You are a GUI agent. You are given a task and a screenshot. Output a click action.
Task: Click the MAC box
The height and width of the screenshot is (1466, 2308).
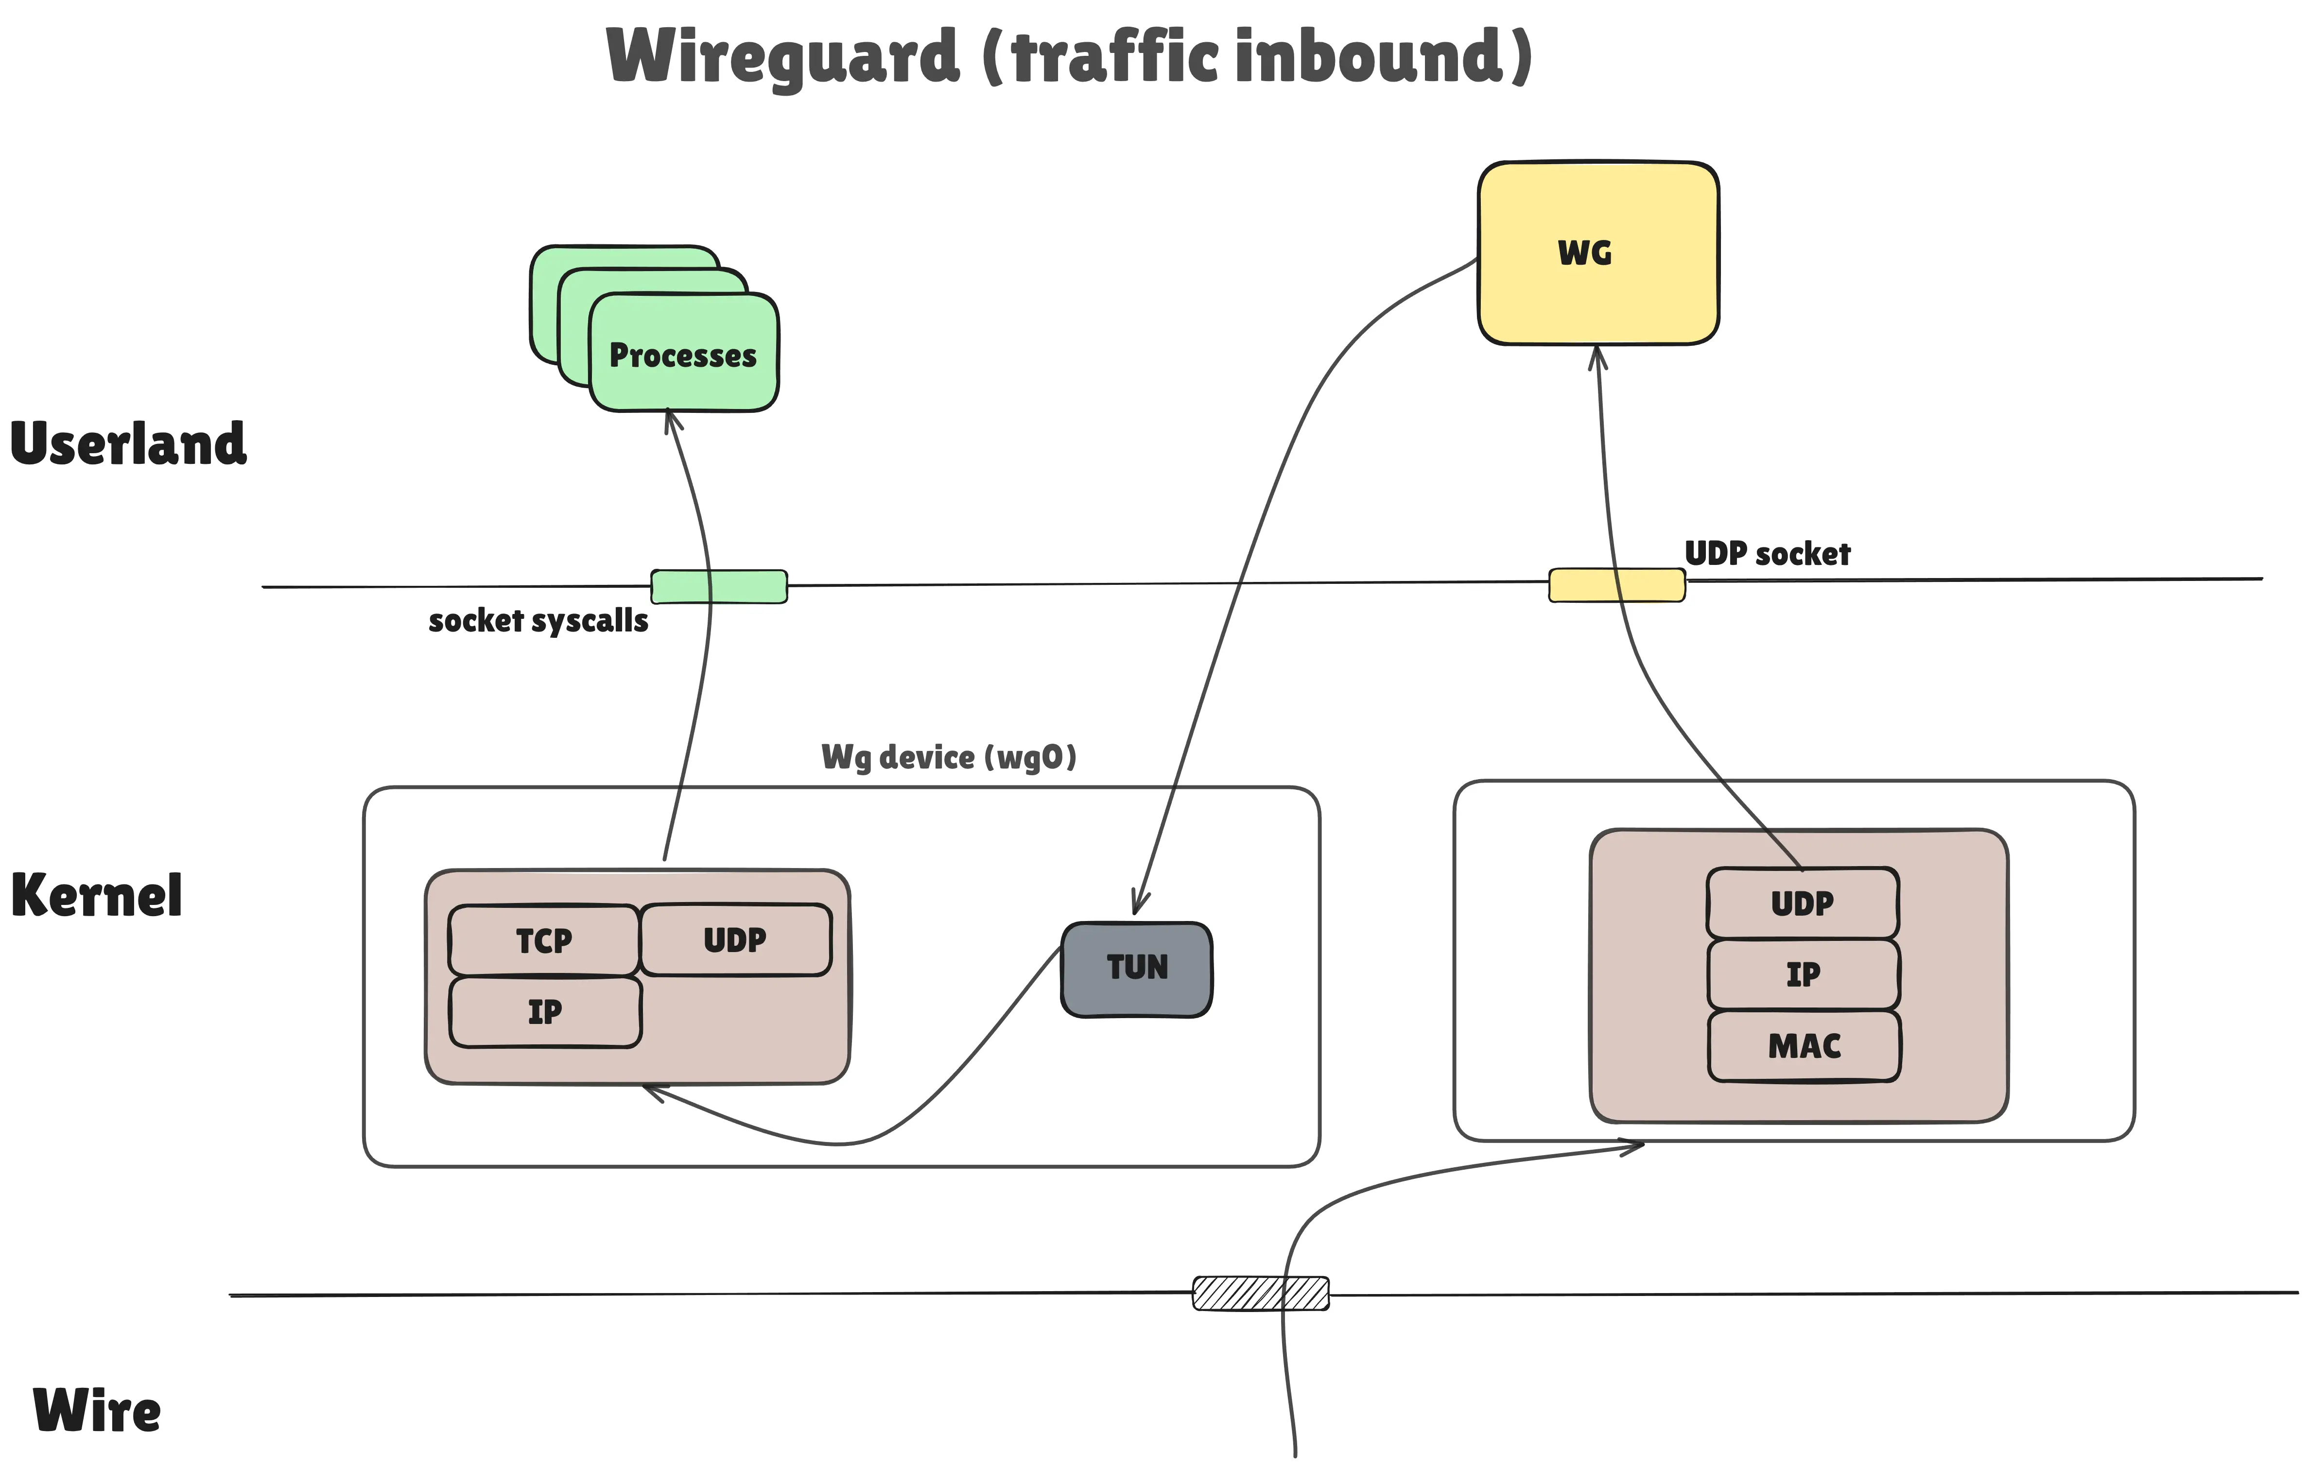pyautogui.click(x=1804, y=1045)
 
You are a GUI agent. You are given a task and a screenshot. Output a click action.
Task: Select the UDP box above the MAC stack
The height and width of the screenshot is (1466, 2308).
pyautogui.click(x=1802, y=903)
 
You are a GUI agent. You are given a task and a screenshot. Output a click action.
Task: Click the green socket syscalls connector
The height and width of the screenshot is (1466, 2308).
pyautogui.click(x=719, y=586)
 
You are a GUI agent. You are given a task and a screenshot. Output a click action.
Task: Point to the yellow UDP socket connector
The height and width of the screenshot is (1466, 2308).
pyautogui.click(x=1617, y=584)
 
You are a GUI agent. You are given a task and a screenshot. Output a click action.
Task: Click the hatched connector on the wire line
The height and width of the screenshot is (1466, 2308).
pyautogui.click(x=1260, y=1293)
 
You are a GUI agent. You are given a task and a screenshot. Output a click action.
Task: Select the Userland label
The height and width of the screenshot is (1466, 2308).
pyautogui.click(x=128, y=444)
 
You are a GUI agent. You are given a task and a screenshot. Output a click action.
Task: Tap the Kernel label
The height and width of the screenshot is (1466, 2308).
pyautogui.click(x=96, y=896)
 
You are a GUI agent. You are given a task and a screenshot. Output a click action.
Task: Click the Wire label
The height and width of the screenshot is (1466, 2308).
pyautogui.click(x=97, y=1411)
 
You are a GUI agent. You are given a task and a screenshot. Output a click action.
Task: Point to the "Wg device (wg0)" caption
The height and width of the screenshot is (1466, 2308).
pyautogui.click(x=949, y=757)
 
